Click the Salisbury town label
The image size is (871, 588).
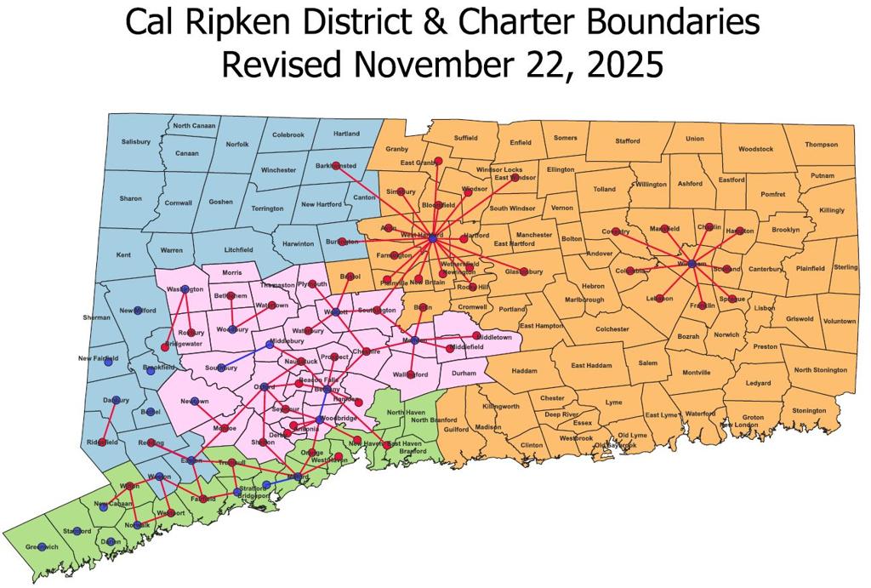tap(135, 141)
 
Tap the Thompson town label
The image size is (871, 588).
tap(821, 145)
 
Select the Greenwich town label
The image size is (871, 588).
tap(42, 546)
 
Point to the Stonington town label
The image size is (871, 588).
tap(808, 410)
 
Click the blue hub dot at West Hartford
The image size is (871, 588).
tap(432, 239)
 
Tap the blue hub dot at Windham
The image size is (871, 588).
tap(692, 265)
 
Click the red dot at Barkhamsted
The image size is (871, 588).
tap(336, 165)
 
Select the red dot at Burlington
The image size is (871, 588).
tap(341, 242)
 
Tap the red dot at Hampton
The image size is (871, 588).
tap(740, 231)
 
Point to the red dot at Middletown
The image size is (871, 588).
tap(476, 336)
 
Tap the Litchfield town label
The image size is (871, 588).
tap(219, 250)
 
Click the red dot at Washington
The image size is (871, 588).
tap(185, 289)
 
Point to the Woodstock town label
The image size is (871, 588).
tap(755, 149)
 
